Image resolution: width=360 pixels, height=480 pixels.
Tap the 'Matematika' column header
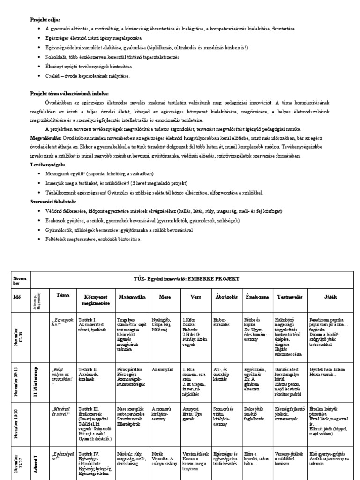[x=133, y=297]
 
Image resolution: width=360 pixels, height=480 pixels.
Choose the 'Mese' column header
[x=165, y=297]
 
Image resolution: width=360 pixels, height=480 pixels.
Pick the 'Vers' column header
[x=196, y=297]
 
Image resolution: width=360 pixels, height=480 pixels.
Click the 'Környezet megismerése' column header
[x=97, y=300]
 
